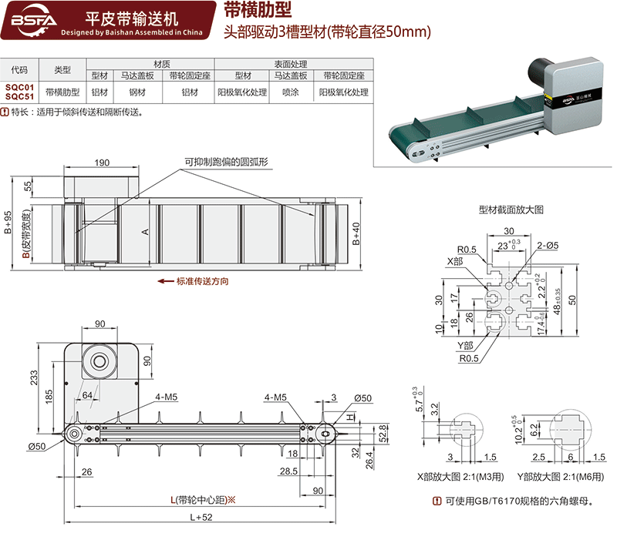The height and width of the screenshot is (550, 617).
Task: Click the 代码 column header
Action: [x=20, y=70]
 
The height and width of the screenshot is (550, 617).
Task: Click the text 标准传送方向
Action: [x=203, y=281]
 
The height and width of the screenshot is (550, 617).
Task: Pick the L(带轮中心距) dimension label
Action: [x=202, y=500]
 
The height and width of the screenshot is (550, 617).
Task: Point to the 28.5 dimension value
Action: [x=289, y=471]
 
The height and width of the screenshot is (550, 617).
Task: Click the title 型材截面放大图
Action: [x=511, y=210]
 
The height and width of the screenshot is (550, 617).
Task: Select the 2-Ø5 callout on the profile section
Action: [x=548, y=246]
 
